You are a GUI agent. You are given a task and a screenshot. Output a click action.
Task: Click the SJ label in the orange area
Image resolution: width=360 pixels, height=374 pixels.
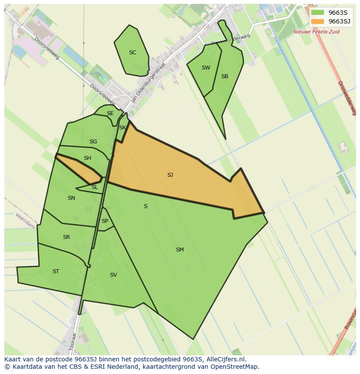(x=170, y=175)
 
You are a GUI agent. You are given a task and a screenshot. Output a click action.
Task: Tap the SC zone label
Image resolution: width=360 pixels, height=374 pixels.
(x=133, y=53)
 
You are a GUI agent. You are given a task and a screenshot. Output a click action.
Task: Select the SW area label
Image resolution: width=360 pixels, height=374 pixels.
(x=206, y=68)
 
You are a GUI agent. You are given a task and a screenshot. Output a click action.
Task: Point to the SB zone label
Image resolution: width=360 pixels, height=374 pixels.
(x=224, y=76)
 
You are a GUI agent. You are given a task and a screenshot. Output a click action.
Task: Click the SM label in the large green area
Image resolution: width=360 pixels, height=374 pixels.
(x=180, y=250)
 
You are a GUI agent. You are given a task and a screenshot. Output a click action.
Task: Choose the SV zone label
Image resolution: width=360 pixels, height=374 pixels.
(x=113, y=275)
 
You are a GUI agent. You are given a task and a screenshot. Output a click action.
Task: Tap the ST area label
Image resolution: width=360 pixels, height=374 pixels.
(x=56, y=271)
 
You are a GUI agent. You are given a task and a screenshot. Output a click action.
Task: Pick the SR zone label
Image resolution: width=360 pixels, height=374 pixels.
(x=66, y=237)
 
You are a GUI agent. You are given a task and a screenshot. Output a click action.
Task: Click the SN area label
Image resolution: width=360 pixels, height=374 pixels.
(x=71, y=198)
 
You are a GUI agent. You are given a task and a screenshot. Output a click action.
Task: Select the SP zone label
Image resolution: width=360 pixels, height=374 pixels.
(x=105, y=221)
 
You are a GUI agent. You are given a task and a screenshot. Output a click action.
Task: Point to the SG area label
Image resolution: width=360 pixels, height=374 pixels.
(x=93, y=142)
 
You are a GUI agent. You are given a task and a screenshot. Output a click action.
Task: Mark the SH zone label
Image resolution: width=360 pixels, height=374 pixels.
(x=87, y=158)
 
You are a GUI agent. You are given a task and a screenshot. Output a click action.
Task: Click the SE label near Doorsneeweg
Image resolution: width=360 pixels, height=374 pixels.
(x=110, y=113)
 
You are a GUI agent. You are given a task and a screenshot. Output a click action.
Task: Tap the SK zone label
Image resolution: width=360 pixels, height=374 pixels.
(x=122, y=128)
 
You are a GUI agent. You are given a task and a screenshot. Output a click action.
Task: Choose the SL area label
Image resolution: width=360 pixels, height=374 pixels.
(x=95, y=187)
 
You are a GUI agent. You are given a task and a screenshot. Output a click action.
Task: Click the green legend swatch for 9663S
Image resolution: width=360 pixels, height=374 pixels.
(x=317, y=13)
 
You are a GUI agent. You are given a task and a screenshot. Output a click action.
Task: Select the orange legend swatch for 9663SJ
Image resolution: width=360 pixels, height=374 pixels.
(x=317, y=21)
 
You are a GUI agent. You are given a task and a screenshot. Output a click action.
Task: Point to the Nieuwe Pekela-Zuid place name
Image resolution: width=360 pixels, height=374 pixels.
(x=316, y=32)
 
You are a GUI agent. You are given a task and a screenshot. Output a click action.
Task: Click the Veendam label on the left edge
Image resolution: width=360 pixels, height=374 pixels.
(x=25, y=221)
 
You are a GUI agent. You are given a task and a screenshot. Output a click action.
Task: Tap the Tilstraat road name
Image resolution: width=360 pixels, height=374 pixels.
(x=73, y=341)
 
